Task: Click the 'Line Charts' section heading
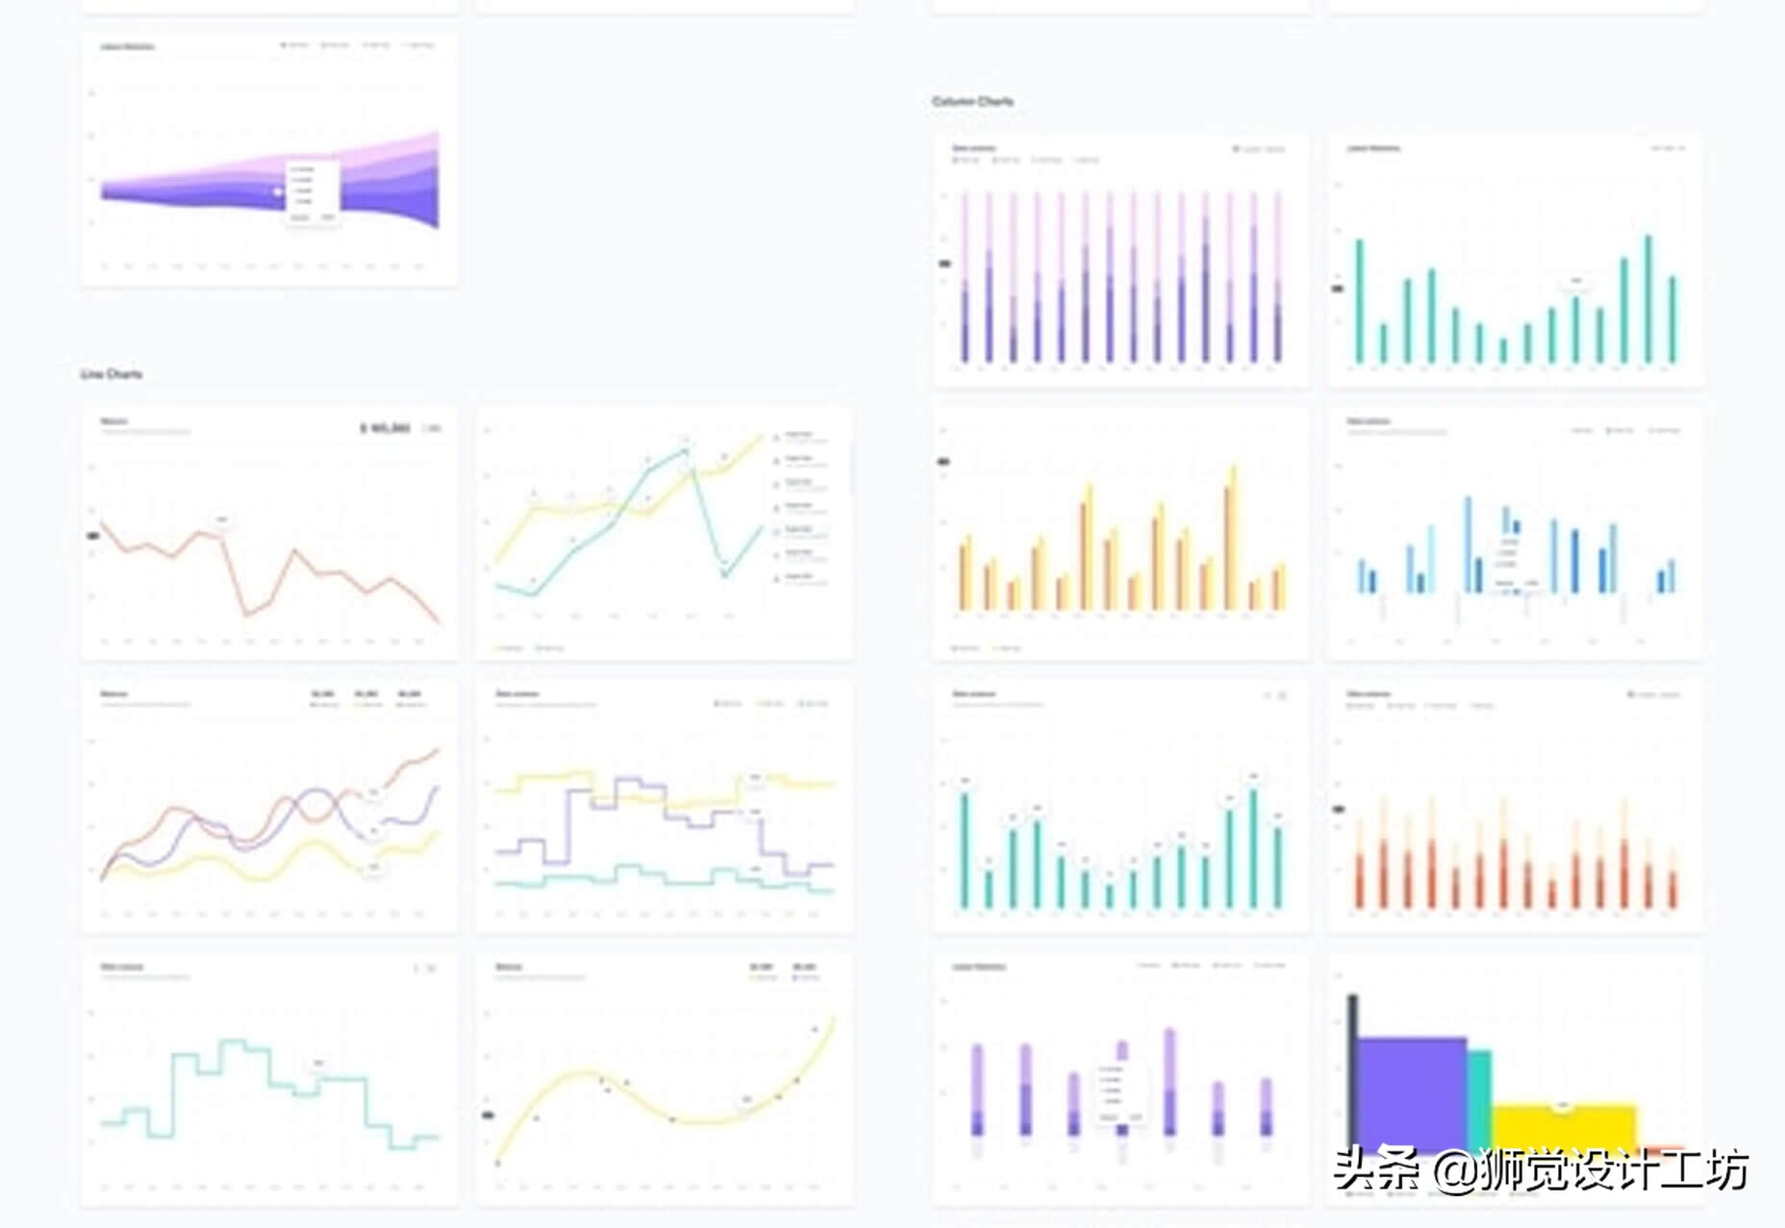[112, 374]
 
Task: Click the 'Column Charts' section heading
[972, 101]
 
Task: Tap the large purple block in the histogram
[1410, 1091]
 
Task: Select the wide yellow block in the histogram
[1564, 1127]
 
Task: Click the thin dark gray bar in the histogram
[1352, 1067]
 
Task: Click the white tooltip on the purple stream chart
[313, 192]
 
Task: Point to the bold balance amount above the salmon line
[385, 428]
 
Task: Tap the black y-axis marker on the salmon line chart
[93, 536]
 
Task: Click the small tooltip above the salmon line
[222, 520]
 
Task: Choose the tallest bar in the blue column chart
[1468, 544]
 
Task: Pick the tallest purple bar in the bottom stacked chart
[1169, 1082]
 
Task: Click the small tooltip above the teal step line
[317, 1064]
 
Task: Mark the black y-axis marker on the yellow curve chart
[487, 1115]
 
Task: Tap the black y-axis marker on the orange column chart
[1338, 810]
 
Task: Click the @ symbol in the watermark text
[1452, 1171]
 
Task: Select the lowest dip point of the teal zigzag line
[724, 574]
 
